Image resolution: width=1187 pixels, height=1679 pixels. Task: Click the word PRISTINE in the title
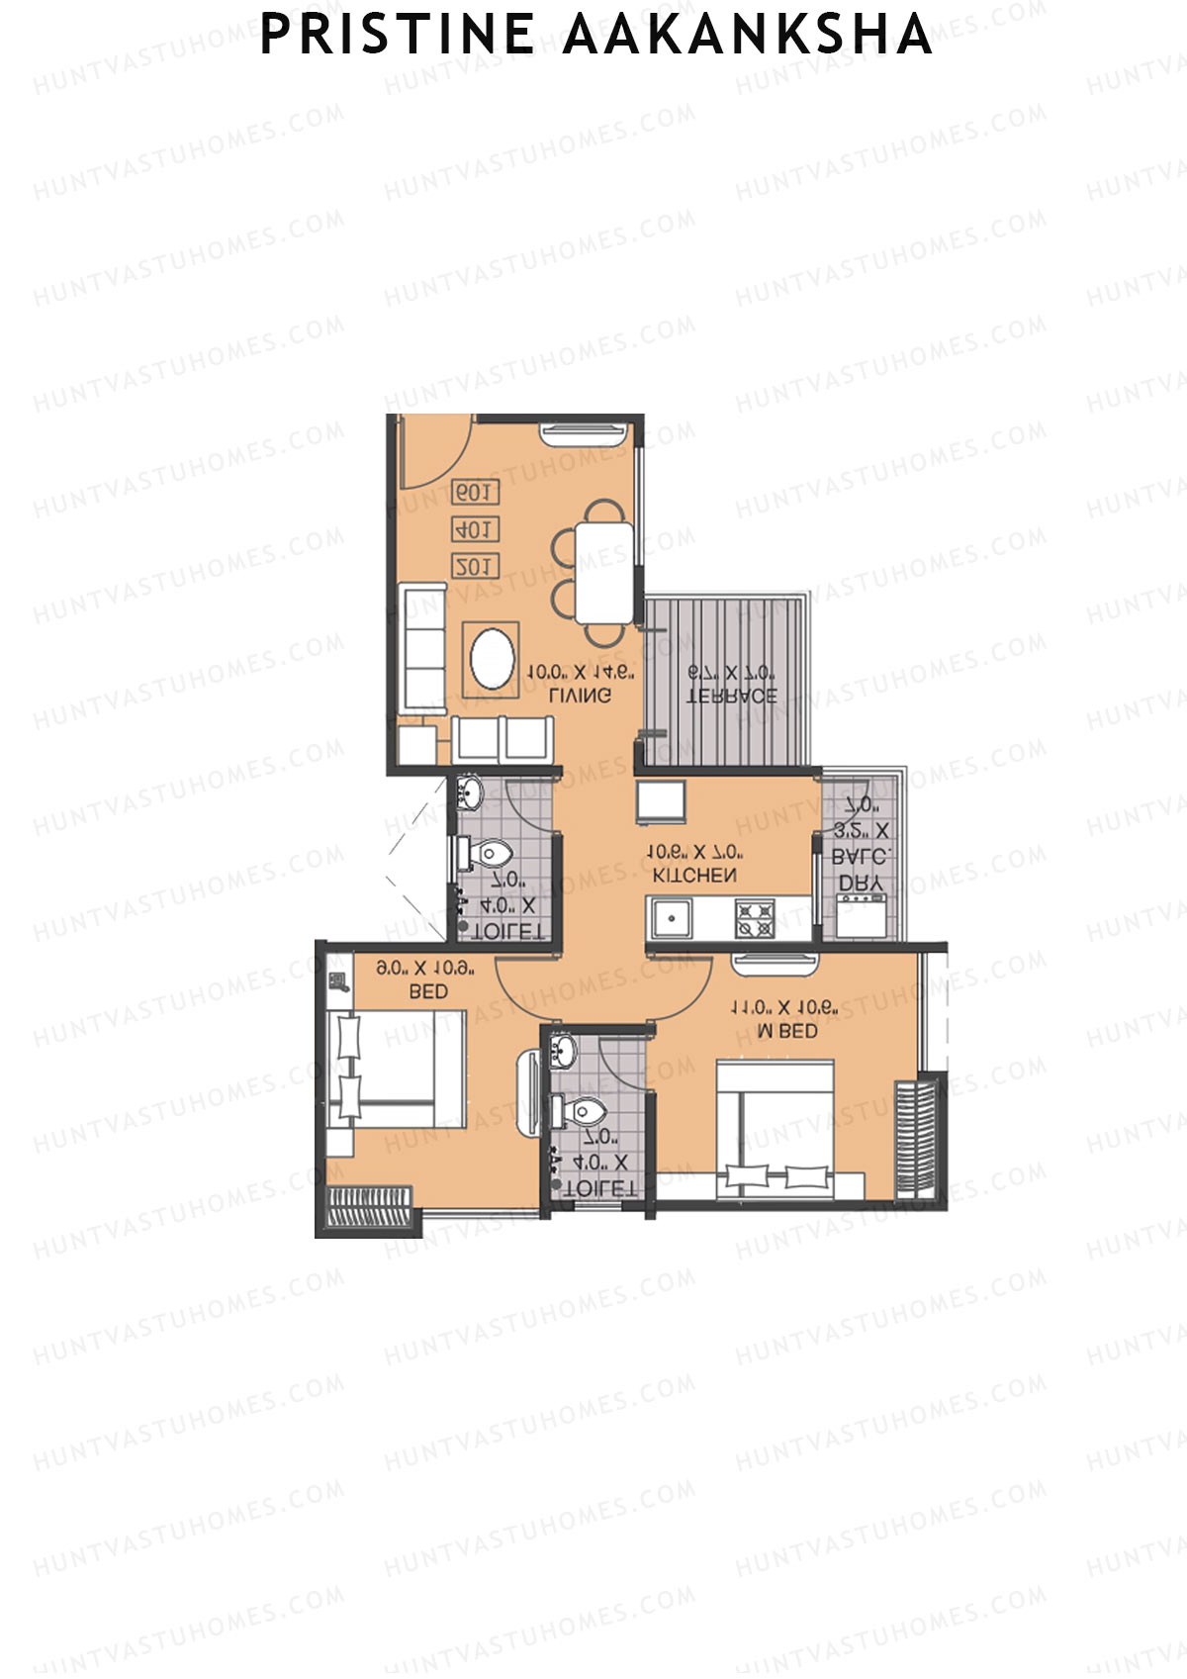click(396, 35)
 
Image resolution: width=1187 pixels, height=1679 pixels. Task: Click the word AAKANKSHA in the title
click(748, 35)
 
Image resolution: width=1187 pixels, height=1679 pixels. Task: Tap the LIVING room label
click(580, 696)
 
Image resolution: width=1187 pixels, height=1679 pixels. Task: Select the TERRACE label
click(732, 696)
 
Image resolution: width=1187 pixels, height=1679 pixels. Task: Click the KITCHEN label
click(694, 876)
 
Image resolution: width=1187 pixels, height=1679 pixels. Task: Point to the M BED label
click(786, 1031)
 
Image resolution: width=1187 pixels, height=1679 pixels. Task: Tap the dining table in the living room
click(603, 572)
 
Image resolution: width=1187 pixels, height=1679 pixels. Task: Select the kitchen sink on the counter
click(672, 918)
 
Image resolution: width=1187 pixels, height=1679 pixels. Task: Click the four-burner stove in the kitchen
click(754, 918)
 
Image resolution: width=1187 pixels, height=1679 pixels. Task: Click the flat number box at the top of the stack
click(475, 492)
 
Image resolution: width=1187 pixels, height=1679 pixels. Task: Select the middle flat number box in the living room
click(475, 529)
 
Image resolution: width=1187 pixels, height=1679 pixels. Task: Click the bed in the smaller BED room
click(396, 1069)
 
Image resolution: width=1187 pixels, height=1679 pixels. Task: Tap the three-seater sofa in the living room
click(422, 648)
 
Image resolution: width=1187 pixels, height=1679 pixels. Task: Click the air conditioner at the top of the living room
click(584, 433)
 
